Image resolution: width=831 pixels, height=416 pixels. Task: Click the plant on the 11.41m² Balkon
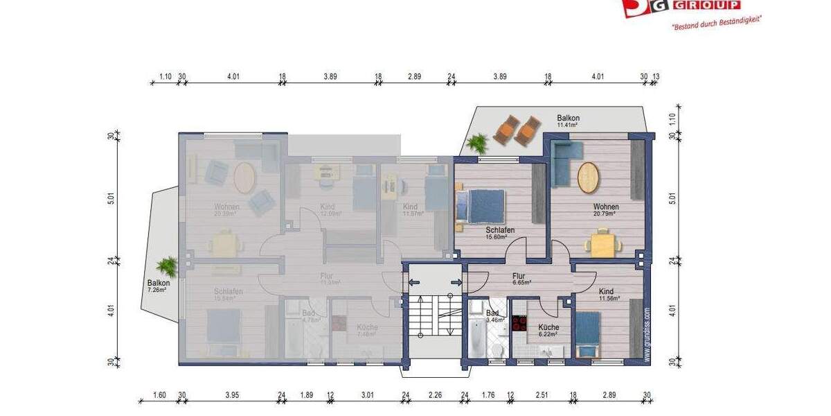point(476,144)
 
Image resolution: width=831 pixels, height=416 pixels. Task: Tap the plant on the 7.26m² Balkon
point(166,266)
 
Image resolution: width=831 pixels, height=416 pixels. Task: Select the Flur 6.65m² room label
point(520,279)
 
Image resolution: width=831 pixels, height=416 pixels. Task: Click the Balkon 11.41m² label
point(568,122)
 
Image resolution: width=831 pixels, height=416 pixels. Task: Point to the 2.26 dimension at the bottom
point(435,395)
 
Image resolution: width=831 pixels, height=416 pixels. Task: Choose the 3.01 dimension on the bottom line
point(367,395)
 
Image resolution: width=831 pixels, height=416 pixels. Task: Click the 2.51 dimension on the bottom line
point(542,395)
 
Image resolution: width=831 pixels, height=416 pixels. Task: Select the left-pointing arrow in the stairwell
point(413,282)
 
